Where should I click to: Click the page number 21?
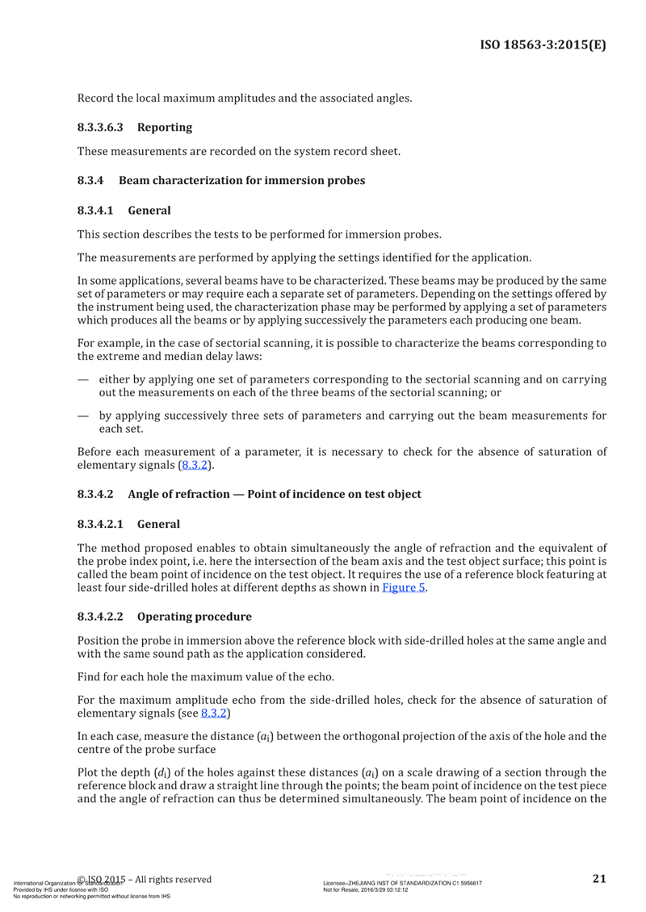coord(599,879)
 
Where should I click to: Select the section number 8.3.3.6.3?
coord(101,127)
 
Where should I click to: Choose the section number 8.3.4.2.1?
coord(101,523)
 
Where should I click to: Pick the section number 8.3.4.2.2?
coord(101,617)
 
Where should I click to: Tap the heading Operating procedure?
coord(194,617)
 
